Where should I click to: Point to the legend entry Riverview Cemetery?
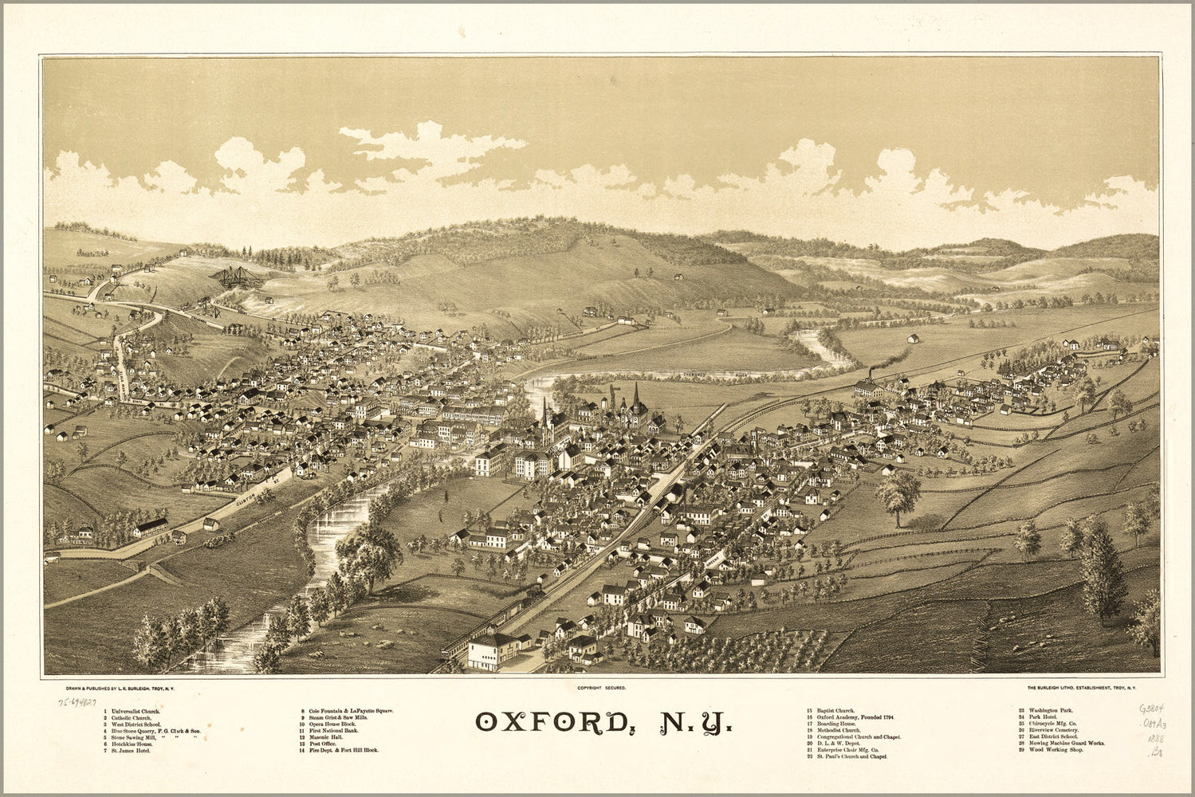1050,730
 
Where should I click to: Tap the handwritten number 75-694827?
77,704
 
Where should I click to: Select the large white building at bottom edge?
493,651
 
